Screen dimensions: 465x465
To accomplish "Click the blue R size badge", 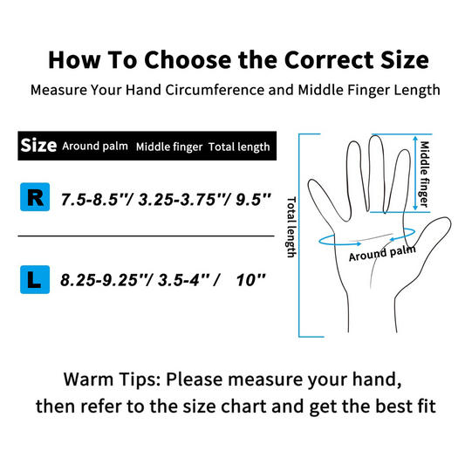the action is (x=35, y=197).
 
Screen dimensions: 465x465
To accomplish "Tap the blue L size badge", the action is (x=35, y=279).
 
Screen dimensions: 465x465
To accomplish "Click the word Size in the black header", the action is (x=38, y=146).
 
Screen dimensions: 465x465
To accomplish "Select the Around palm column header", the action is (x=95, y=147).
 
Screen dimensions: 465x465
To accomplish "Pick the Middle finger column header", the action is (x=169, y=147).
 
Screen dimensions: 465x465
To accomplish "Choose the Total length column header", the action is (x=239, y=147).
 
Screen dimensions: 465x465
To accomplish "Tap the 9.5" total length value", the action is (x=253, y=199).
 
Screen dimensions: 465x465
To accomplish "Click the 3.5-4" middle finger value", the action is (x=184, y=280).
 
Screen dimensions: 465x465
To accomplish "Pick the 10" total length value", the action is (x=251, y=280).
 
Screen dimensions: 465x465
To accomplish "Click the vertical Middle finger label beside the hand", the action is (x=424, y=174).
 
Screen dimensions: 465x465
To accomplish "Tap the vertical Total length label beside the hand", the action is (x=291, y=227).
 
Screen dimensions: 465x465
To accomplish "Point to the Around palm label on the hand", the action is (x=382, y=254).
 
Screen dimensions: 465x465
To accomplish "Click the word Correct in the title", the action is (x=329, y=60).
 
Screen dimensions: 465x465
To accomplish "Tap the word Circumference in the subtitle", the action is (x=215, y=90).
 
